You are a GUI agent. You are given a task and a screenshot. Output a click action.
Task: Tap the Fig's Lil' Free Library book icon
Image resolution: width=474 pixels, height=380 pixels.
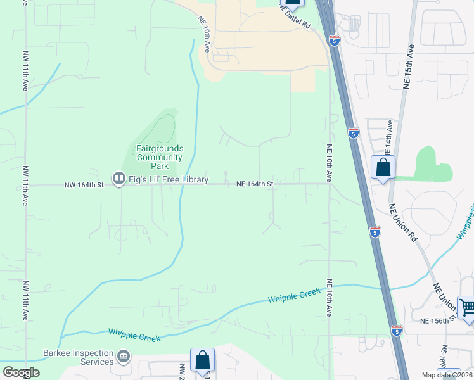118,179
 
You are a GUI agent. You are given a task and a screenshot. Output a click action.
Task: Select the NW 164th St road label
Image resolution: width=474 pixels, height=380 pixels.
84,186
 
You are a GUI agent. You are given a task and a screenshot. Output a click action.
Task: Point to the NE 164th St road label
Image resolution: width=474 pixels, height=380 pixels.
255,184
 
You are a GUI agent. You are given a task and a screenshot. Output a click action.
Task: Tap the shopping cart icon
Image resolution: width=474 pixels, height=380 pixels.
467,308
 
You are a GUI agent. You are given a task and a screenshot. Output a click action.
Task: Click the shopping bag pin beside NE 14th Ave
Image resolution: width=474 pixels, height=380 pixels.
383,168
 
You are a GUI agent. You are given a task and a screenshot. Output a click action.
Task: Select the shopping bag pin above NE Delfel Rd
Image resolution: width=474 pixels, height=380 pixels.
292,2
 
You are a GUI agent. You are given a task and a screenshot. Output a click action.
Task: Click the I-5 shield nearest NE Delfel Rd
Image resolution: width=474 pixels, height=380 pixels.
334,41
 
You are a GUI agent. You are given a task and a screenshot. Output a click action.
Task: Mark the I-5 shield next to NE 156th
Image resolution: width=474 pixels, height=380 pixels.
396,330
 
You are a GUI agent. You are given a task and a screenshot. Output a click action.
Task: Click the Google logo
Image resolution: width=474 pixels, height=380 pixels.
21,372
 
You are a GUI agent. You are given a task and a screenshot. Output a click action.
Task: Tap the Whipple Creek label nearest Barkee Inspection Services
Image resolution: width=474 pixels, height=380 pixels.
134,334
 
